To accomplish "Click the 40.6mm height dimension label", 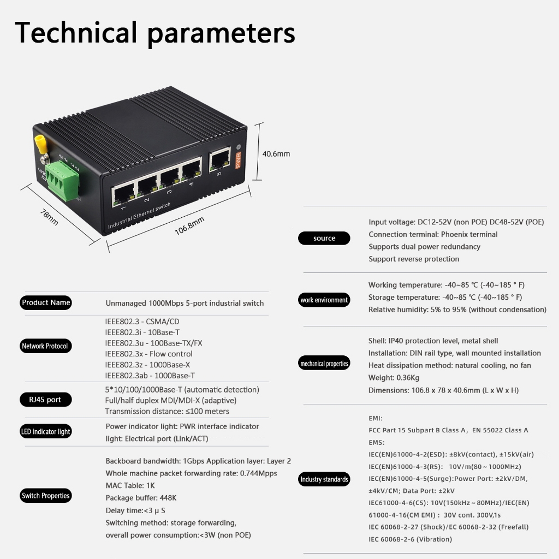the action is tap(276, 154).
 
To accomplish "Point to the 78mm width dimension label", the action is tap(49, 216).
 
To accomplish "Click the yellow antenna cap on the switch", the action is tap(40, 143).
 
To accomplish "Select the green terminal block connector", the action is tap(61, 181).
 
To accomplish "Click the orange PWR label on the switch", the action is tap(238, 160).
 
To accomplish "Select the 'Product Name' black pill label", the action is tap(46, 302).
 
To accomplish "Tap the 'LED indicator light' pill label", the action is tap(46, 432).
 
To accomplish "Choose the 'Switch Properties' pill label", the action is tap(46, 496).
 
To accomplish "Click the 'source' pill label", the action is tap(324, 238).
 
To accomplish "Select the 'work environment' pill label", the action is tap(324, 300).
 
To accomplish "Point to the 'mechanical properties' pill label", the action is tap(324, 364).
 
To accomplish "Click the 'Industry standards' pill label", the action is tap(324, 479).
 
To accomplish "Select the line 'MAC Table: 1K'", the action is tap(130, 485).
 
